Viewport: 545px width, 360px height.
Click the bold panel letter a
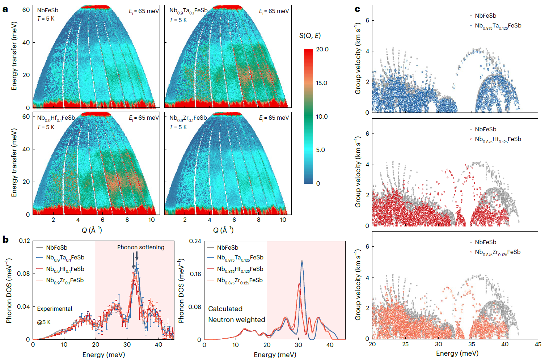pyautogui.click(x=5, y=9)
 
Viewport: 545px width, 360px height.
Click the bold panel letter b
pyautogui.click(x=5, y=240)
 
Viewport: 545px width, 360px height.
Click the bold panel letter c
pyautogui.click(x=357, y=9)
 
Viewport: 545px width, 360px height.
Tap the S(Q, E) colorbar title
pyautogui.click(x=310, y=35)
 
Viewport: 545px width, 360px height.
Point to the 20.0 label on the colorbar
pyautogui.click(x=322, y=50)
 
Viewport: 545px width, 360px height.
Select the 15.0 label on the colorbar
pyautogui.click(x=321, y=83)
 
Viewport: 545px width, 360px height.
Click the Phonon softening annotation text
pyautogui.click(x=141, y=247)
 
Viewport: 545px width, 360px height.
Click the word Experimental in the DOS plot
pyautogui.click(x=55, y=309)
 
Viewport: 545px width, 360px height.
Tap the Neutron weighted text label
pyautogui.click(x=236, y=320)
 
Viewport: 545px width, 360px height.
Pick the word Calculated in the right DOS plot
pyautogui.click(x=225, y=309)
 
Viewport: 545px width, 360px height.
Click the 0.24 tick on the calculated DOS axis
pyautogui.click(x=195, y=241)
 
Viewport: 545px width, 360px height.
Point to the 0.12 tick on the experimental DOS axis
pyautogui.click(x=24, y=241)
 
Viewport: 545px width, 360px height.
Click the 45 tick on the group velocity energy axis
pyautogui.click(x=538, y=344)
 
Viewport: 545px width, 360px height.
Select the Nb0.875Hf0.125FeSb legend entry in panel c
pyautogui.click(x=498, y=140)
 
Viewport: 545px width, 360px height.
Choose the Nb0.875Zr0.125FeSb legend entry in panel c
pyautogui.click(x=498, y=253)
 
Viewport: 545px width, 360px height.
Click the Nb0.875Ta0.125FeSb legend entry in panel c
pyautogui.click(x=498, y=26)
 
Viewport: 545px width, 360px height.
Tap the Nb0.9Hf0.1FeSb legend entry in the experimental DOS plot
pyautogui.click(x=65, y=269)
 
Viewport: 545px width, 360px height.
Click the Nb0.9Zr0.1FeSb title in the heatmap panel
pyautogui.click(x=188, y=118)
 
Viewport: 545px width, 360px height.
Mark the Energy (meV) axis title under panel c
pyautogui.click(x=457, y=353)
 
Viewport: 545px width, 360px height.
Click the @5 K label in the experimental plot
pyautogui.click(x=44, y=322)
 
